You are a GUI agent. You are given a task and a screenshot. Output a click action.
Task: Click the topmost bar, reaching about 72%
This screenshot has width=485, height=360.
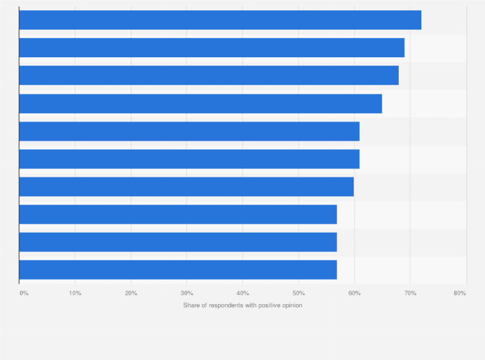[x=220, y=20]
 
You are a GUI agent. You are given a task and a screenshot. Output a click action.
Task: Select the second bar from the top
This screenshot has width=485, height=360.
[x=212, y=48]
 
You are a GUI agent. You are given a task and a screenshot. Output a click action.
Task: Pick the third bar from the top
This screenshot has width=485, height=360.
[x=209, y=75]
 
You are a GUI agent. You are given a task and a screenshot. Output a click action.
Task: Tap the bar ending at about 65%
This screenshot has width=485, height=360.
[x=201, y=104]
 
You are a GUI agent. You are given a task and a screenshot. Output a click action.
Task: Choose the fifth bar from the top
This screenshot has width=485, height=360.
[x=189, y=131]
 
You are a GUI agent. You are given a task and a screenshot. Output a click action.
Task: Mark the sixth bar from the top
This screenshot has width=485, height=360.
[x=189, y=159]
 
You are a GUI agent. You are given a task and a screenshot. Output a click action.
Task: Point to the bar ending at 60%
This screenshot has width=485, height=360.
[x=187, y=186]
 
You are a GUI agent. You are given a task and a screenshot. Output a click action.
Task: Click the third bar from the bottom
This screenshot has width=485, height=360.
[x=178, y=214]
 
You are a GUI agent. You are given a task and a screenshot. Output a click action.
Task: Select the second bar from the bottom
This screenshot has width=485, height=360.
[x=178, y=242]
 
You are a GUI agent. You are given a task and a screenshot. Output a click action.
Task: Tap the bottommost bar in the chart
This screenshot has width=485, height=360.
[x=178, y=269]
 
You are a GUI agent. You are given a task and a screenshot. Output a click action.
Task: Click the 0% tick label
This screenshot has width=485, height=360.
[x=24, y=293]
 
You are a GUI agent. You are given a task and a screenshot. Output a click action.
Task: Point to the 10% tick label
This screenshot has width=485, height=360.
[x=75, y=293]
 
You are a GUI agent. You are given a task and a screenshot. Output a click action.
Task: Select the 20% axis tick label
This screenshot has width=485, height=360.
[x=131, y=293]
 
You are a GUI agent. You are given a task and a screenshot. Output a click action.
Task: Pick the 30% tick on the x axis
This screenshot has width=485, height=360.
[x=187, y=293]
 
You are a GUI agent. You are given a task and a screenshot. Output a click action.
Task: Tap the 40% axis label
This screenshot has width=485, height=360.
[x=243, y=293]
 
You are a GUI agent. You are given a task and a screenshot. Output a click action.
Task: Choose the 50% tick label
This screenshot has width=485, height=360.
[x=298, y=293]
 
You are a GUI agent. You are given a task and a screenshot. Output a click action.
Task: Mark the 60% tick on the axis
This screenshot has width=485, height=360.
[x=354, y=293]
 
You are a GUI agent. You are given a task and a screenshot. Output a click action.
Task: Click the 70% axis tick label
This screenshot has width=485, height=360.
[x=410, y=293]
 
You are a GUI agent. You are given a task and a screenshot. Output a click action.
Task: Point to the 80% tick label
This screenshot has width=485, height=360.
[x=459, y=293]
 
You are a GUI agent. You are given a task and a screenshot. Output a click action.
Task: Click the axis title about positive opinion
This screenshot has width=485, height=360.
[x=243, y=305]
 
